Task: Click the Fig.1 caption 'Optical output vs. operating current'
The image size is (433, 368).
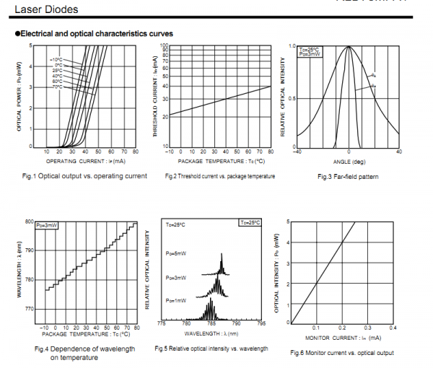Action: pyautogui.click(x=85, y=176)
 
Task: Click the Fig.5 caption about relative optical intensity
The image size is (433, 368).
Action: pyautogui.click(x=211, y=349)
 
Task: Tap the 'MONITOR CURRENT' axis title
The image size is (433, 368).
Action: pyautogui.click(x=340, y=338)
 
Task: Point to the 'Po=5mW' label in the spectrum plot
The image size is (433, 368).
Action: pyautogui.click(x=175, y=255)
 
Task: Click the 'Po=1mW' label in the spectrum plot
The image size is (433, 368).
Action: pyautogui.click(x=175, y=299)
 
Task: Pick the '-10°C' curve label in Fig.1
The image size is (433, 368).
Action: pyautogui.click(x=56, y=59)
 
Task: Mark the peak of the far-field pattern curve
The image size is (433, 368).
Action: pyautogui.click(x=349, y=47)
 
